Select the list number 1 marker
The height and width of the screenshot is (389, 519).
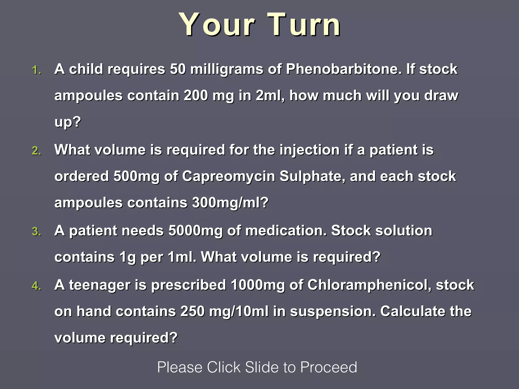click(x=36, y=70)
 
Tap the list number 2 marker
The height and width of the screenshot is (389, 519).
click(x=36, y=151)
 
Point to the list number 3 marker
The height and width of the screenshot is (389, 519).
click(x=36, y=232)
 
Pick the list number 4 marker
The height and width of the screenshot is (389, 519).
click(x=36, y=286)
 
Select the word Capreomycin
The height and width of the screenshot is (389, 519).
click(x=228, y=176)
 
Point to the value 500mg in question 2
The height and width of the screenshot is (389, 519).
click(x=136, y=176)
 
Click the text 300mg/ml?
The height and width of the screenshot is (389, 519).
click(x=230, y=203)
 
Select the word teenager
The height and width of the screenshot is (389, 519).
click(x=100, y=285)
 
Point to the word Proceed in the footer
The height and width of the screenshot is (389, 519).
click(x=328, y=367)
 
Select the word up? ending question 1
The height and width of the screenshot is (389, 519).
click(x=68, y=122)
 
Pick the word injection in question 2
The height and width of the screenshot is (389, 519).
click(x=309, y=150)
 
